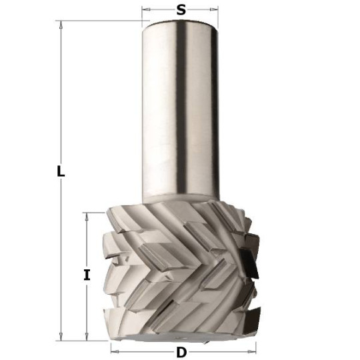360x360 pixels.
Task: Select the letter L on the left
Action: [x=61, y=171]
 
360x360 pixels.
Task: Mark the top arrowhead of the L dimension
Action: [x=61, y=25]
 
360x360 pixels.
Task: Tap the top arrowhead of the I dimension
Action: [x=87, y=217]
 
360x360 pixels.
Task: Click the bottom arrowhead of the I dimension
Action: [x=87, y=335]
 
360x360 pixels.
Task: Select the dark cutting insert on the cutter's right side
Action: [x=250, y=262]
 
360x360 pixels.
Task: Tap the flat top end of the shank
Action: [x=180, y=23]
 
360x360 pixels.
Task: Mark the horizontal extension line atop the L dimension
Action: [x=100, y=21]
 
